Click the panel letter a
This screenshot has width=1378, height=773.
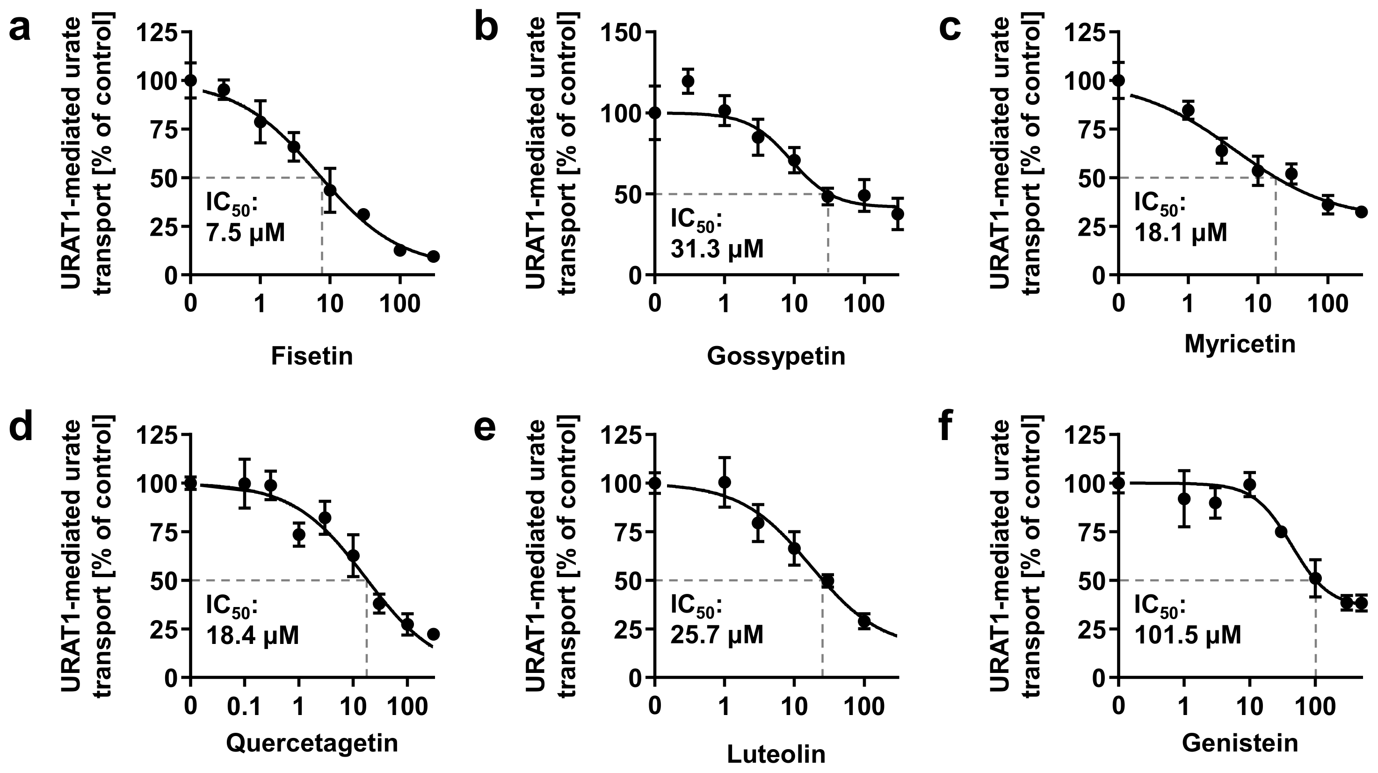(x=20, y=29)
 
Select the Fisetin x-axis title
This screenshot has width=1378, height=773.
(x=312, y=356)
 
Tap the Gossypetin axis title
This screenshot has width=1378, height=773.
(x=776, y=356)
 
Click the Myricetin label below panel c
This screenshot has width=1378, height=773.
(x=1240, y=344)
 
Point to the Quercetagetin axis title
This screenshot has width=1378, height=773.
(x=312, y=743)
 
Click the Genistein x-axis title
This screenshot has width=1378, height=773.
(x=1240, y=743)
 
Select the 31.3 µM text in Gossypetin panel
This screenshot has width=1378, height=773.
(x=717, y=249)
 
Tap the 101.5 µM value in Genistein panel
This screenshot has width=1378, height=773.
(x=1187, y=636)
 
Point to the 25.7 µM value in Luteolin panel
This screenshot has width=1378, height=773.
(x=717, y=636)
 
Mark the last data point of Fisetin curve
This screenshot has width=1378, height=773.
(x=433, y=256)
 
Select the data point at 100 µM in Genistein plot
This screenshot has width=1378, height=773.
(x=1315, y=579)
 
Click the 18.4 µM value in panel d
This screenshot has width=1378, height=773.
(x=252, y=636)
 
